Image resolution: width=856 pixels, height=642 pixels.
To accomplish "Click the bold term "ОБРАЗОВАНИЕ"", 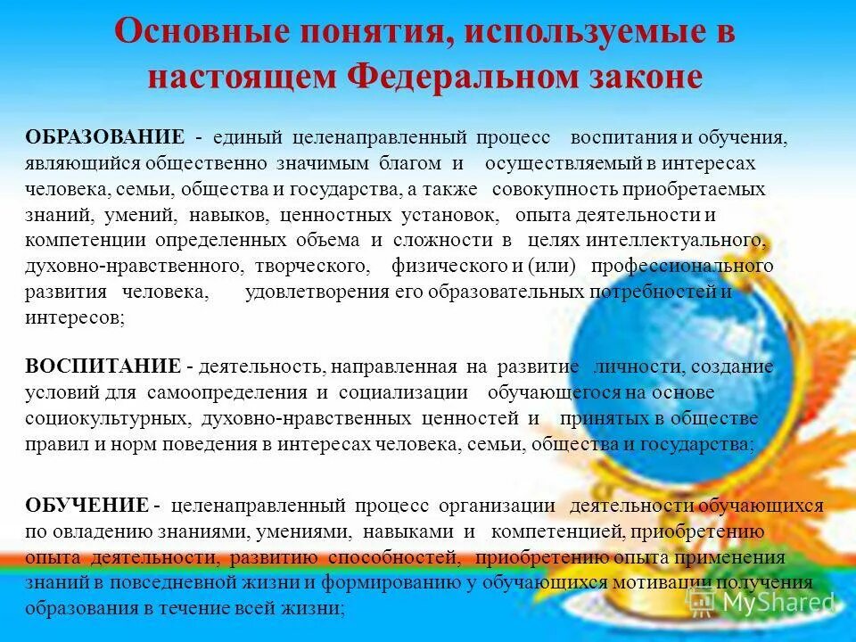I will click(105, 138).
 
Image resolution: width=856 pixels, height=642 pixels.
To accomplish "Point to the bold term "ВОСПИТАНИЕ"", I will click(103, 367).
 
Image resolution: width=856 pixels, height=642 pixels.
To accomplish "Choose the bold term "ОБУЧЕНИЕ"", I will click(86, 506).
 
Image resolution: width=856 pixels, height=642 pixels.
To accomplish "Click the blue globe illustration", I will click(678, 348).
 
